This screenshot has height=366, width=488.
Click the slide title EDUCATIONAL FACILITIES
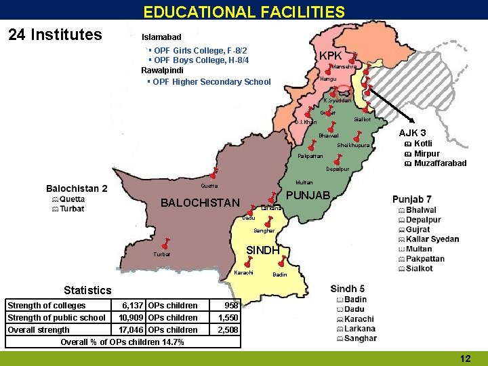[x=244, y=12]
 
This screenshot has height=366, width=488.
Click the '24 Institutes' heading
[x=55, y=35]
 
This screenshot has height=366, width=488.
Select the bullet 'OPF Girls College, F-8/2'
[x=199, y=51]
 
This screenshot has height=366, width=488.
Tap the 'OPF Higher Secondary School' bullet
[x=211, y=82]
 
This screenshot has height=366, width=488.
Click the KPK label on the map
[x=331, y=56]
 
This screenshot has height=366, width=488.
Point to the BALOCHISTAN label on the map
[x=200, y=203]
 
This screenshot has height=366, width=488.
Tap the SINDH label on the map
[x=263, y=249]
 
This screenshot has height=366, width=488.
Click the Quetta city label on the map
[x=209, y=186]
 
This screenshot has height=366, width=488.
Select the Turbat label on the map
[x=162, y=254]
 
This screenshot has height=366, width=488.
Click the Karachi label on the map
[x=243, y=272]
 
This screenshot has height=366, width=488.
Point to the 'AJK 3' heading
[x=412, y=133]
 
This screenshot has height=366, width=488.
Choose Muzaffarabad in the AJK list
[x=440, y=163]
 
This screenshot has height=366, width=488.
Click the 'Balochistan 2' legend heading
[x=77, y=188]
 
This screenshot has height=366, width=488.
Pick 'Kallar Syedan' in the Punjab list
[x=432, y=239]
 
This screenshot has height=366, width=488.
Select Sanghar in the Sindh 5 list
[x=360, y=338]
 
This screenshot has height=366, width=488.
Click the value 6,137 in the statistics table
[x=131, y=306]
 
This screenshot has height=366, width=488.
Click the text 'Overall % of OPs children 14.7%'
[x=122, y=342]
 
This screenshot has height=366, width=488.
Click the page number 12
[x=465, y=358]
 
